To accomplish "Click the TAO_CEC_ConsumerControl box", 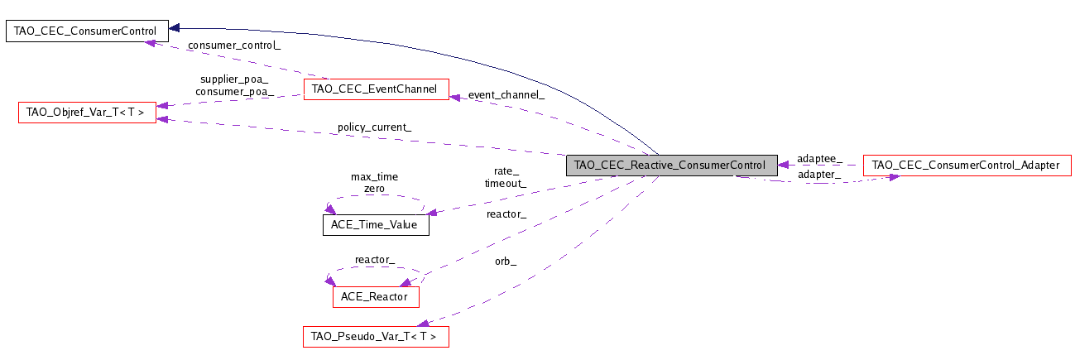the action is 87,31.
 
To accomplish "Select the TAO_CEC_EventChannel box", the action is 377,89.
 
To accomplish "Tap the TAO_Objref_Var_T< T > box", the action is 88,113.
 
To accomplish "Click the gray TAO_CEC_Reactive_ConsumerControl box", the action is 671,166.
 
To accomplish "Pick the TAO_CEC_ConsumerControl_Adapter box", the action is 967,166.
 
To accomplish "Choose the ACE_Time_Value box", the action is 376,225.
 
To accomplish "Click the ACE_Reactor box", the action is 376,297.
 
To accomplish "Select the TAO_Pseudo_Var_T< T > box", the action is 376,337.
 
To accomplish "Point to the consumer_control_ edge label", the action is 234,46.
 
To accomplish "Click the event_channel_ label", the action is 506,95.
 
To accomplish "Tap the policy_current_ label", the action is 374,127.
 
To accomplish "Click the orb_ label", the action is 506,262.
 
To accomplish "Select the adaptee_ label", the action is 819,159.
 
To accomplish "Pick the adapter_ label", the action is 819,175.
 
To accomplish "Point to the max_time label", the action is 374,177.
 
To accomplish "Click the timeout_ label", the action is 506,184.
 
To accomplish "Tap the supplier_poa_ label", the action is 234,79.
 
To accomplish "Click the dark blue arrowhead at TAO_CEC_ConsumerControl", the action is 175,28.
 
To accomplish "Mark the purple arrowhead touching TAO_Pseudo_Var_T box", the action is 423,324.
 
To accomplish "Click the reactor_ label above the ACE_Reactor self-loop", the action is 375,260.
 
